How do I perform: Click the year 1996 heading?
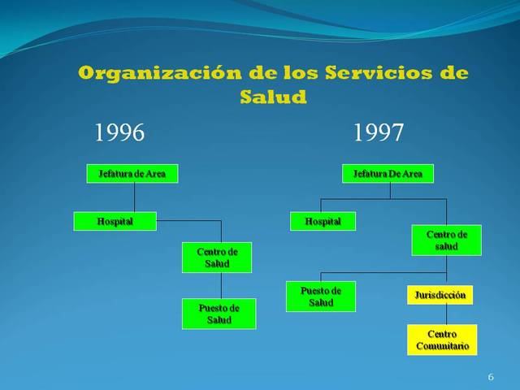pyautogui.click(x=119, y=132)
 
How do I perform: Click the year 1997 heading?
pyautogui.click(x=379, y=132)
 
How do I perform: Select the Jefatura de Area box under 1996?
pyautogui.click(x=132, y=173)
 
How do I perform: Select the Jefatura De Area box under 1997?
pyautogui.click(x=388, y=173)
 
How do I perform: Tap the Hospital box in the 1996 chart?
pyautogui.click(x=115, y=221)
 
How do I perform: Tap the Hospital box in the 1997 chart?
pyautogui.click(x=323, y=221)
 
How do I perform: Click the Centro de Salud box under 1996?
pyautogui.click(x=217, y=258)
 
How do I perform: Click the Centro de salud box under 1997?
pyautogui.click(x=446, y=240)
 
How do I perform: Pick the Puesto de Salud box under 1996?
pyautogui.click(x=219, y=314)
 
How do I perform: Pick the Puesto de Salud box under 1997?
pyautogui.click(x=320, y=296)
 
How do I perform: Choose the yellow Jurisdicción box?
pyautogui.click(x=440, y=295)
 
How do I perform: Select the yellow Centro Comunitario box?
pyautogui.click(x=442, y=340)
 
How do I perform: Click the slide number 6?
pyautogui.click(x=491, y=378)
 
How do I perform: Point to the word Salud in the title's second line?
pyautogui.click(x=273, y=97)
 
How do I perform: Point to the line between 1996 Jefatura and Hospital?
pyautogui.click(x=134, y=197)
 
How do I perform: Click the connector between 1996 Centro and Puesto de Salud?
pyautogui.click(x=221, y=285)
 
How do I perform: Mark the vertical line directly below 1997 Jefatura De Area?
pyautogui.click(x=390, y=190)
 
